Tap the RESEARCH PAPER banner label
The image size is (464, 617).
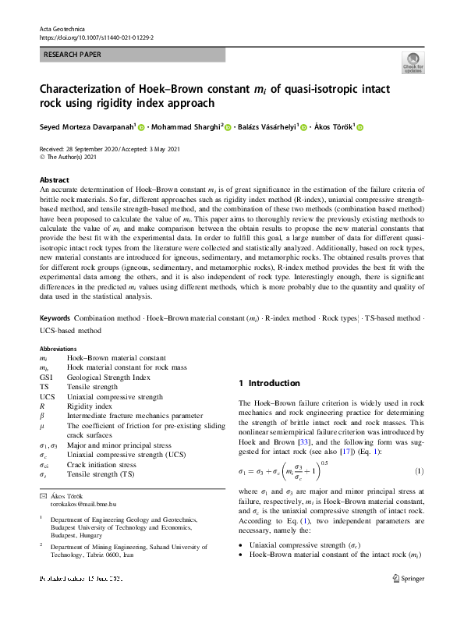[x=73, y=55]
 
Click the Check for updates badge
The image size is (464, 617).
[x=413, y=64]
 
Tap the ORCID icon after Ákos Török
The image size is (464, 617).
[x=360, y=126]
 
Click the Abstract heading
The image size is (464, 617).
[x=55, y=179]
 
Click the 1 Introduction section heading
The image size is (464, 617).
[x=268, y=383]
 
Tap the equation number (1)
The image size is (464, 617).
[x=418, y=471]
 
